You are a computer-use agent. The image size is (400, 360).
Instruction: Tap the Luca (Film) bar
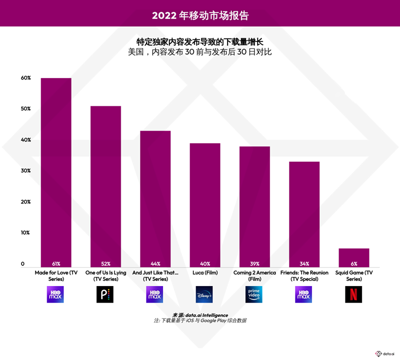click(x=204, y=205)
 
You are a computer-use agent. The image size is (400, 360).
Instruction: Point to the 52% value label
click(x=105, y=263)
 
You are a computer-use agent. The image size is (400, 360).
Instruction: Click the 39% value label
click(x=254, y=263)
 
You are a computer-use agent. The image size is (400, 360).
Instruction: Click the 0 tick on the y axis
click(x=22, y=263)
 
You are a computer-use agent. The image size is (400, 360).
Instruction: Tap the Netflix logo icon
click(x=353, y=294)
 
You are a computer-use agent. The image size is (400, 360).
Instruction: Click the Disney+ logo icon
click(x=204, y=294)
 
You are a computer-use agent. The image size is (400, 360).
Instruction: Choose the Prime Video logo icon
click(x=254, y=294)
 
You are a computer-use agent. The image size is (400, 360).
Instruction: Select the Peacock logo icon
click(x=105, y=294)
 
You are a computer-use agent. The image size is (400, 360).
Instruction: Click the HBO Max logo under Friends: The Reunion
click(x=303, y=294)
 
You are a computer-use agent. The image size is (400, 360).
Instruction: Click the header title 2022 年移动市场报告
click(x=200, y=15)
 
